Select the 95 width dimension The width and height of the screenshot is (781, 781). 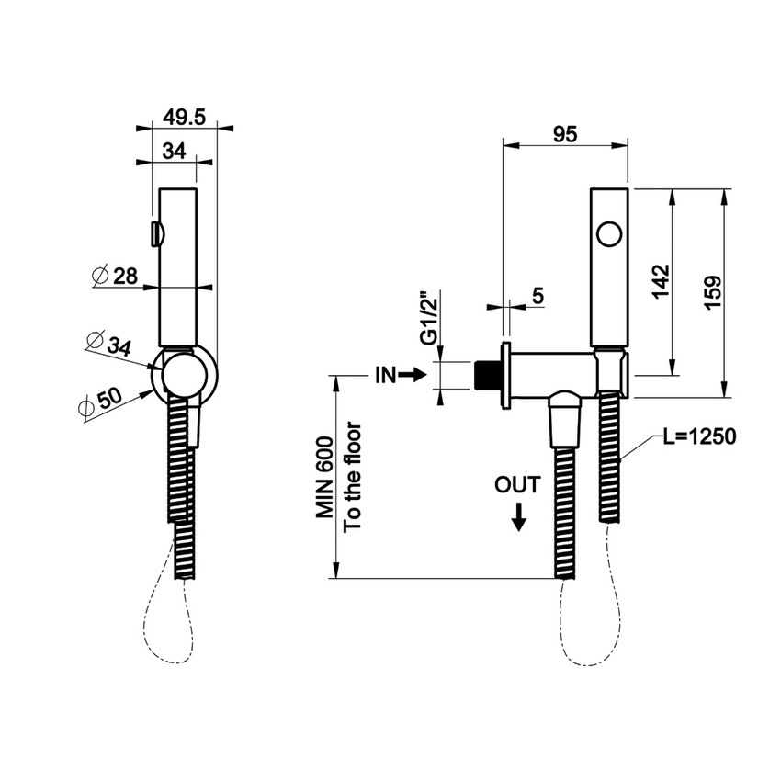coord(565,134)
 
